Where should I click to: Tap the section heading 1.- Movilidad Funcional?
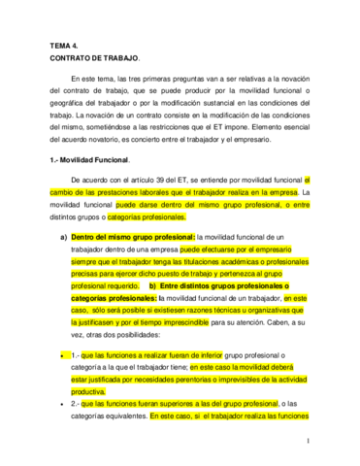click(x=95, y=157)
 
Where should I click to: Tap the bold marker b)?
click(x=153, y=287)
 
